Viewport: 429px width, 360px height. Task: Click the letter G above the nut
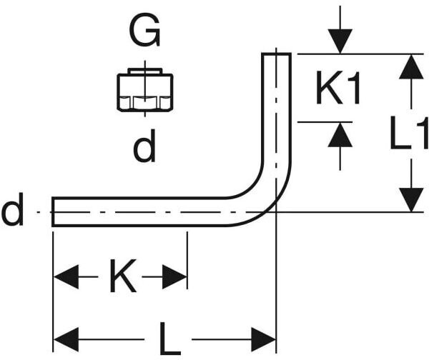pyautogui.click(x=144, y=30)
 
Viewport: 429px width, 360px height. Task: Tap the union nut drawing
pyautogui.click(x=144, y=91)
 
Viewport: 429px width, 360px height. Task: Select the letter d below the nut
pyautogui.click(x=144, y=146)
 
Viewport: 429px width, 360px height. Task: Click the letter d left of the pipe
pyautogui.click(x=12, y=209)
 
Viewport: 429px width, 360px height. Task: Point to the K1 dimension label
pyautogui.click(x=337, y=87)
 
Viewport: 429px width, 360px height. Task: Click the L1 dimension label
pyautogui.click(x=409, y=133)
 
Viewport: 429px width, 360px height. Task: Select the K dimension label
pyautogui.click(x=123, y=276)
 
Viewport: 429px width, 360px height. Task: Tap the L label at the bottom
pyautogui.click(x=169, y=339)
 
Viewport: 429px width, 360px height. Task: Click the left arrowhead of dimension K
pyautogui.click(x=66, y=276)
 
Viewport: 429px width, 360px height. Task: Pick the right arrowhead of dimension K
pyautogui.click(x=174, y=276)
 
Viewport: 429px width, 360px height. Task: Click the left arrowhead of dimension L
pyautogui.click(x=66, y=339)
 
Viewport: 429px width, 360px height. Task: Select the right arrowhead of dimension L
pyautogui.click(x=263, y=339)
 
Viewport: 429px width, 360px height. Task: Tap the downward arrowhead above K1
pyautogui.click(x=340, y=41)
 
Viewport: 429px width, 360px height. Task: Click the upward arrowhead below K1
pyautogui.click(x=340, y=135)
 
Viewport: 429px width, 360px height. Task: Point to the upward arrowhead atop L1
pyautogui.click(x=411, y=66)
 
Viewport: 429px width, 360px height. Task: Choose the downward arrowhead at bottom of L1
pyautogui.click(x=411, y=200)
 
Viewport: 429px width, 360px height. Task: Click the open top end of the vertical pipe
pyautogui.click(x=276, y=54)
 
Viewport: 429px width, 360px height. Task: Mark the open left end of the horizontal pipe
pyautogui.click(x=53, y=211)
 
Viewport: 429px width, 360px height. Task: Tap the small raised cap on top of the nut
pyautogui.click(x=144, y=71)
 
